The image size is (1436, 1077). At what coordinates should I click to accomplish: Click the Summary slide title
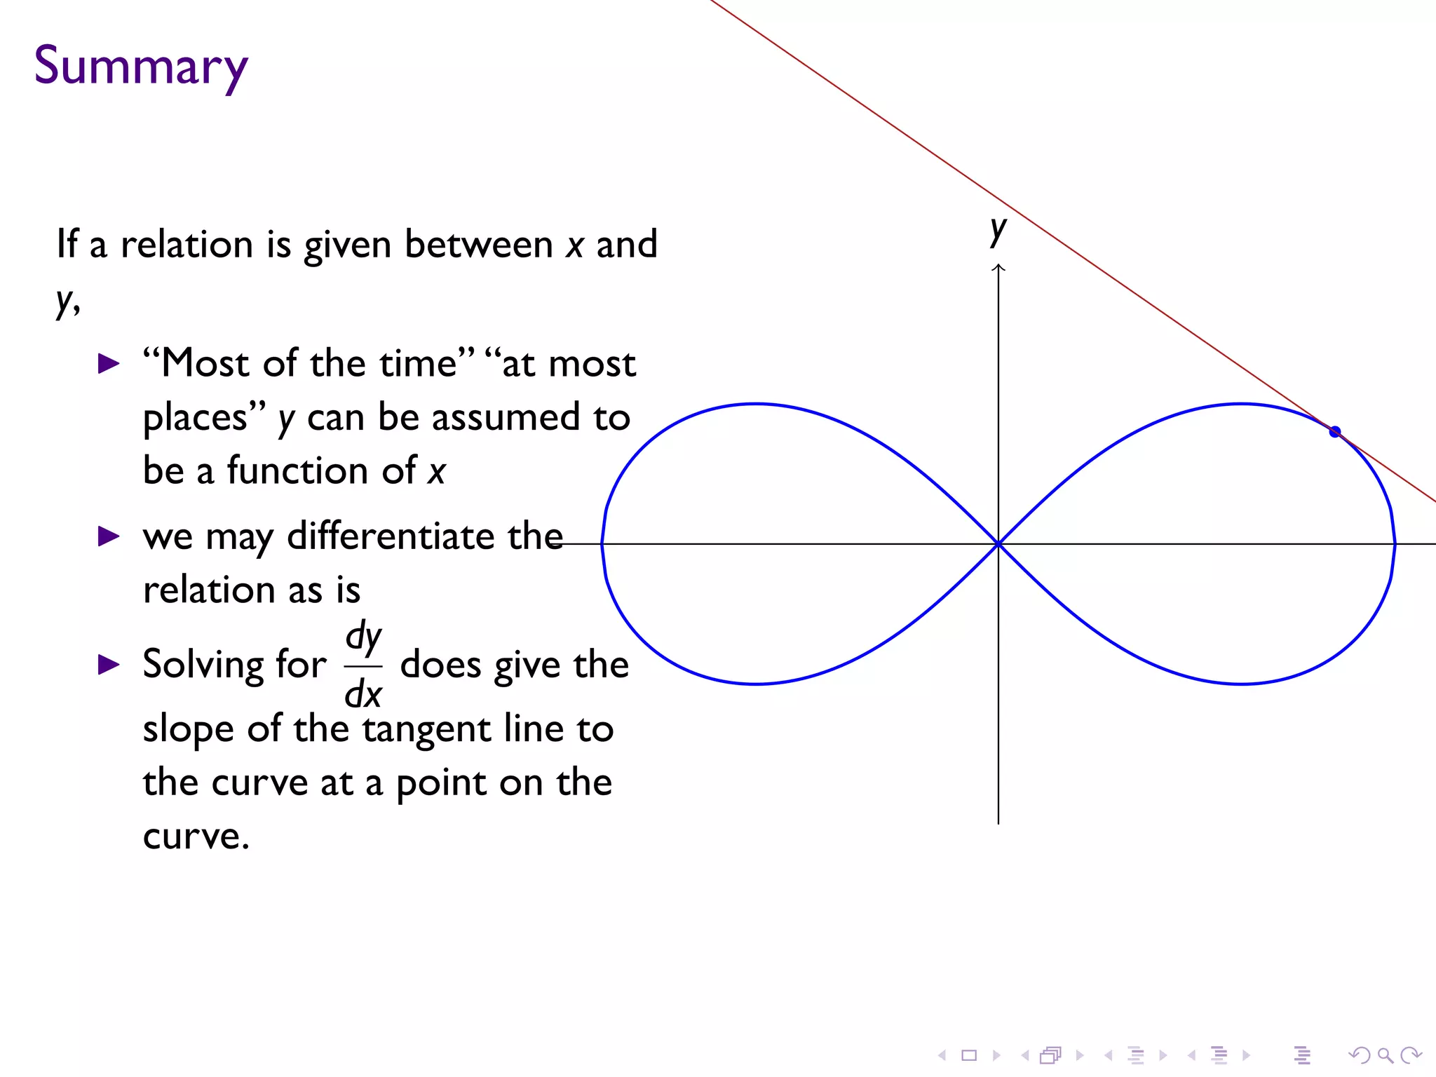(x=141, y=66)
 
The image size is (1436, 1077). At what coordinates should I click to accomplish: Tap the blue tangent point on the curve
(x=1335, y=432)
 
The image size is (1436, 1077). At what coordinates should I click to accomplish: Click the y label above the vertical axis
(x=998, y=230)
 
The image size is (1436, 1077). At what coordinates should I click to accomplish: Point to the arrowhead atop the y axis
(x=998, y=268)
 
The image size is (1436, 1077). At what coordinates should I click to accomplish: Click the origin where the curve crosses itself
(x=998, y=543)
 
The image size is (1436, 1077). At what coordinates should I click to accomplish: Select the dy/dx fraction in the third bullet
(x=363, y=665)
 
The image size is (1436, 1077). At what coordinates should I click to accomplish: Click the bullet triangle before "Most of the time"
(x=109, y=364)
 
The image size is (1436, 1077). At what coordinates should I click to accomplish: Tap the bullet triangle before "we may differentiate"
(x=109, y=537)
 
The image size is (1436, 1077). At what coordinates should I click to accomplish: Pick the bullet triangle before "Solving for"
(x=109, y=665)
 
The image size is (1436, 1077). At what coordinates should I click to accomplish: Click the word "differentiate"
(x=391, y=537)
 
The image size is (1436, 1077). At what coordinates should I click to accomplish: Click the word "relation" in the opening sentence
(x=187, y=245)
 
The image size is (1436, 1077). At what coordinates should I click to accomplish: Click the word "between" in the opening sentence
(x=479, y=245)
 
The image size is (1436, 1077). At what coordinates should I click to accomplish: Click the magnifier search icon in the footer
(x=1385, y=1055)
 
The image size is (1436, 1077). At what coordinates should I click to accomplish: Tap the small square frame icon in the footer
(x=969, y=1055)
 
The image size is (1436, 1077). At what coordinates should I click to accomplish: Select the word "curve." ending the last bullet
(x=196, y=836)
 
